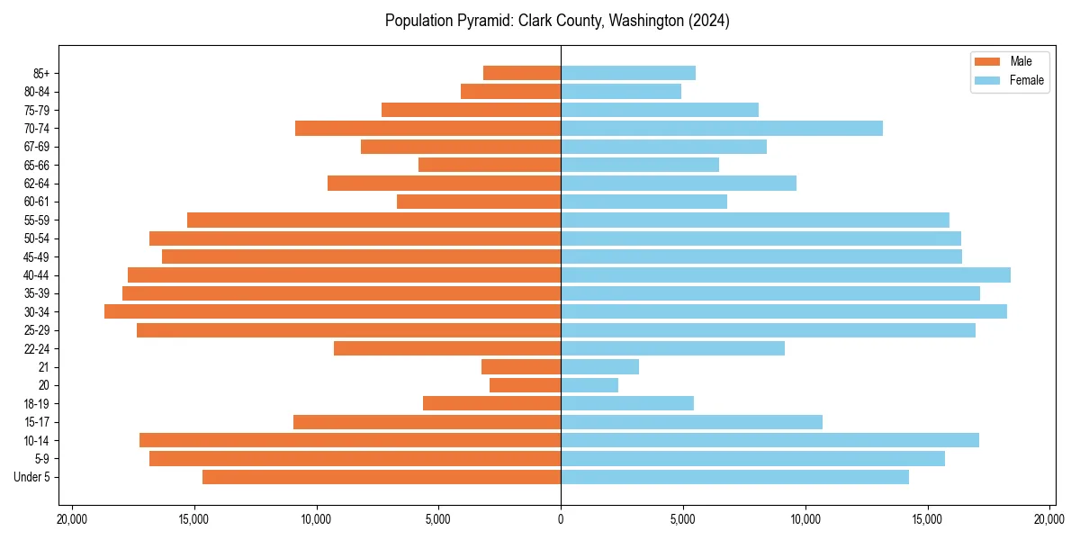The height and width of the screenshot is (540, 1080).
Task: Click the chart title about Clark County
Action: click(x=557, y=21)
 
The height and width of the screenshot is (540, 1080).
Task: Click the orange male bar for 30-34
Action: click(x=332, y=311)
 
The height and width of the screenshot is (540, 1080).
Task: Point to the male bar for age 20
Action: click(x=525, y=385)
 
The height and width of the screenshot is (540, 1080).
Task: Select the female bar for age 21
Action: click(x=599, y=366)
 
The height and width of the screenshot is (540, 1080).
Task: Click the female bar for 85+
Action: click(x=627, y=73)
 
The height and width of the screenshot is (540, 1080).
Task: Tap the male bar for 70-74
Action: click(x=427, y=128)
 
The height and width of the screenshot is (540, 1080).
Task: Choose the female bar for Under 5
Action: click(x=734, y=477)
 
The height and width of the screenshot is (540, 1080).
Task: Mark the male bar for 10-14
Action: click(x=350, y=440)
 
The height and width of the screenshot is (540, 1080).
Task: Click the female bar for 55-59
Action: click(x=754, y=220)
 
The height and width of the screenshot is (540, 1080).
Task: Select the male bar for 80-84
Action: click(x=510, y=91)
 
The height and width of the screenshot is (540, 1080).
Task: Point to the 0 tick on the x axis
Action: click(x=561, y=518)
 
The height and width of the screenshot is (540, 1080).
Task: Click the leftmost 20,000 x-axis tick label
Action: click(x=71, y=518)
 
